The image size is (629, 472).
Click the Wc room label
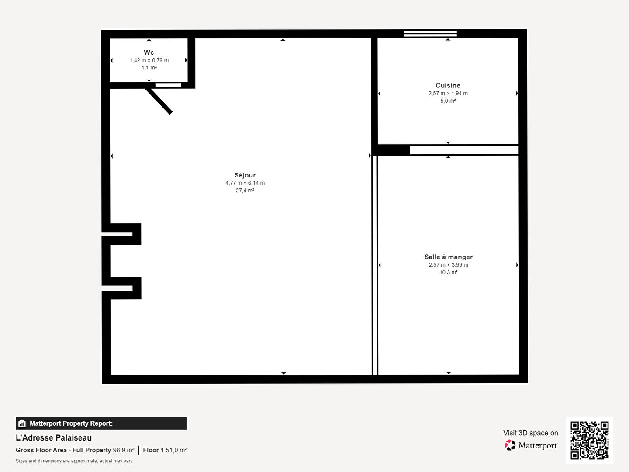[x=149, y=52]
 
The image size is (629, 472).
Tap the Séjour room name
[x=245, y=175]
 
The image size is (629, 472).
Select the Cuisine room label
[x=448, y=85]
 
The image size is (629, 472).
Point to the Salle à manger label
[x=449, y=257]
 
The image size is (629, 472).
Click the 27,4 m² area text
[x=245, y=191]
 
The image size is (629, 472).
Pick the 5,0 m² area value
[x=448, y=101]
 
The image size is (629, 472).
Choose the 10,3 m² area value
[x=449, y=272]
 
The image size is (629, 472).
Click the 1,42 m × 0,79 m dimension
[x=149, y=60]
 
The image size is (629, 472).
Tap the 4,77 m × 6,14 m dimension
[x=245, y=183]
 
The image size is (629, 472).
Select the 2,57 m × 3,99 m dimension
[x=449, y=265]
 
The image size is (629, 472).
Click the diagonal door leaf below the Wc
[x=159, y=101]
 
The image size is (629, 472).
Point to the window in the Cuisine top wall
[x=430, y=34]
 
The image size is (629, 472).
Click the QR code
[x=589, y=440]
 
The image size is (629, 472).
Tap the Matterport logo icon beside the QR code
[x=510, y=445]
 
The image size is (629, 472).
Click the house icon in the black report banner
[x=22, y=423]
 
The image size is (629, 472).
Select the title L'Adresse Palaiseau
[x=54, y=437]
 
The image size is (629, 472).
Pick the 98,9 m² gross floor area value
[x=124, y=450]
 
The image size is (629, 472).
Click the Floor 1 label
[x=153, y=450]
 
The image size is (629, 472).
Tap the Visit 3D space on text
[x=531, y=433]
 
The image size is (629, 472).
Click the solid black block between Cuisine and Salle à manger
[x=391, y=150]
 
